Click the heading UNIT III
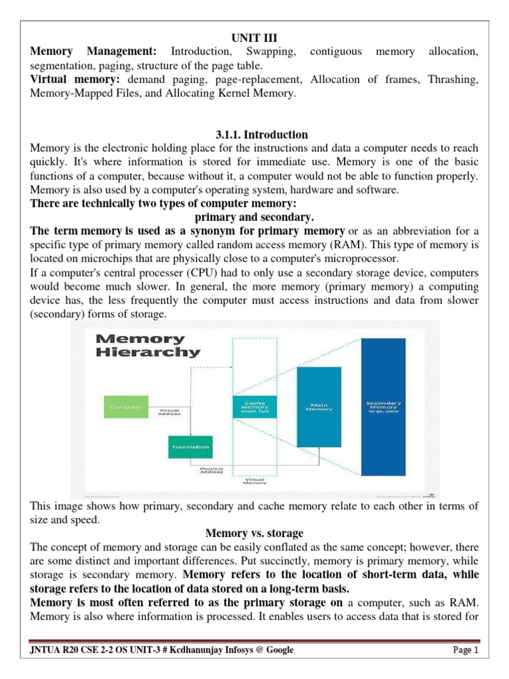(254, 38)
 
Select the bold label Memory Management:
(93, 51)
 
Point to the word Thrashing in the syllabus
(453, 80)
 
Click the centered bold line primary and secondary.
(254, 217)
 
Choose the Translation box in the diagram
(190, 447)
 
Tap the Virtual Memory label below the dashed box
(254, 481)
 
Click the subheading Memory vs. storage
(254, 532)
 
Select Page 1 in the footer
(465, 650)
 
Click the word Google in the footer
(278, 650)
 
